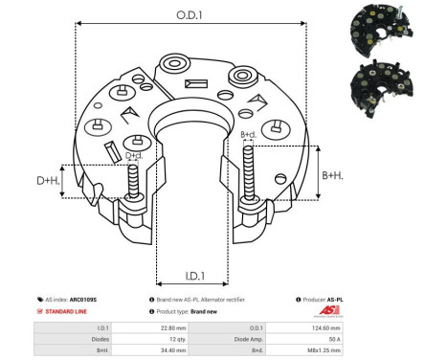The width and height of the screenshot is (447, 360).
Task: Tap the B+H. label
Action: [331, 175]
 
